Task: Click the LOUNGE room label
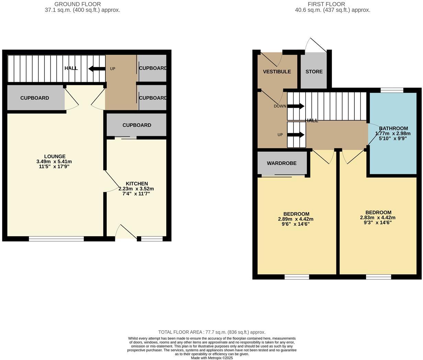pos(55,156)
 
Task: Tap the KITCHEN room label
pos(137,184)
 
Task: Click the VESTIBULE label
pos(277,71)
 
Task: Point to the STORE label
pos(314,71)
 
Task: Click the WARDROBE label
pos(282,163)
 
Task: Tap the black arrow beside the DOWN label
pos(296,106)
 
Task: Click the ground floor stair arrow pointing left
pos(96,69)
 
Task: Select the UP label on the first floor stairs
pos(280,135)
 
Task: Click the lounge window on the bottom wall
pos(56,239)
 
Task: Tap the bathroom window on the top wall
pos(392,90)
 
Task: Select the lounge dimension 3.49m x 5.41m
pos(54,161)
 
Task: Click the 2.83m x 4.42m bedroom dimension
pos(378,217)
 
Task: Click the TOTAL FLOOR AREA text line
pos(211,332)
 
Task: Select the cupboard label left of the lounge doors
pos(34,98)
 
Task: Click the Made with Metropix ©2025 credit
pos(212,358)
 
